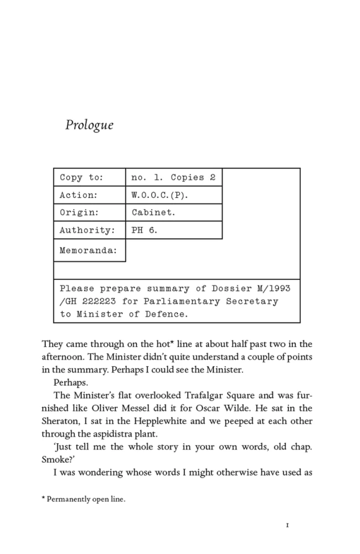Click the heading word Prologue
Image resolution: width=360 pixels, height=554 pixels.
89,125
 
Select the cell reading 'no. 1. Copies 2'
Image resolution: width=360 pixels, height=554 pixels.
173,178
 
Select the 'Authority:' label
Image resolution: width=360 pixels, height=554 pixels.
87,230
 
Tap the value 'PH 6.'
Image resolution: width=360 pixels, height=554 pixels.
144,230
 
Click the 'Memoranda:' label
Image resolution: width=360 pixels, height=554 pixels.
89,250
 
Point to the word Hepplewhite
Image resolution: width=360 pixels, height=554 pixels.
151,421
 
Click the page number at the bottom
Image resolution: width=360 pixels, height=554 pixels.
287,525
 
